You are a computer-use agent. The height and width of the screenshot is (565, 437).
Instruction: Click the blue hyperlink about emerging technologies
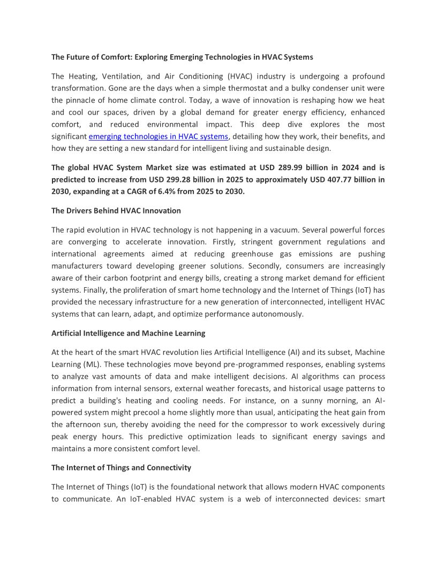(x=158, y=136)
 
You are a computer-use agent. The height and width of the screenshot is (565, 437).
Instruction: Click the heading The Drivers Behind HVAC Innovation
(x=116, y=211)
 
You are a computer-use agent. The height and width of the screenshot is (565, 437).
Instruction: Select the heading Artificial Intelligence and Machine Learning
(x=128, y=333)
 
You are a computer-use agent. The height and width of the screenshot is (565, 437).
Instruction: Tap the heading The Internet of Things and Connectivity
(x=121, y=468)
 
